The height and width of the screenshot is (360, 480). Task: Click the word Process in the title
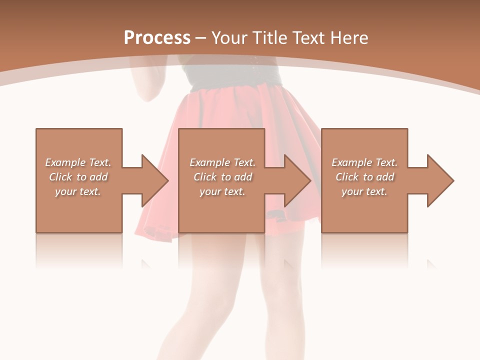(x=157, y=38)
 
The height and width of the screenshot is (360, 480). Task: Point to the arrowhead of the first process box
(x=155, y=180)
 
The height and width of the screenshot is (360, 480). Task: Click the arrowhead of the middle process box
(x=298, y=180)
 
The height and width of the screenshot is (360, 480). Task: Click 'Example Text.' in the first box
(x=78, y=162)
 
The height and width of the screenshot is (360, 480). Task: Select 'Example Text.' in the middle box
(x=222, y=162)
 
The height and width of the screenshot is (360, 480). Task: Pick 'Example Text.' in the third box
(x=364, y=162)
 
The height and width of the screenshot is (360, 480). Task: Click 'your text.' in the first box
(x=78, y=191)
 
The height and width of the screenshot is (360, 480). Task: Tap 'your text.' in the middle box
(x=222, y=191)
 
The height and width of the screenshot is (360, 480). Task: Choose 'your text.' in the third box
(x=364, y=191)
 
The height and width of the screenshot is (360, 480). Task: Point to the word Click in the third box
(x=347, y=177)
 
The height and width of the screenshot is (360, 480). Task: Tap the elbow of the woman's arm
(x=148, y=96)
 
